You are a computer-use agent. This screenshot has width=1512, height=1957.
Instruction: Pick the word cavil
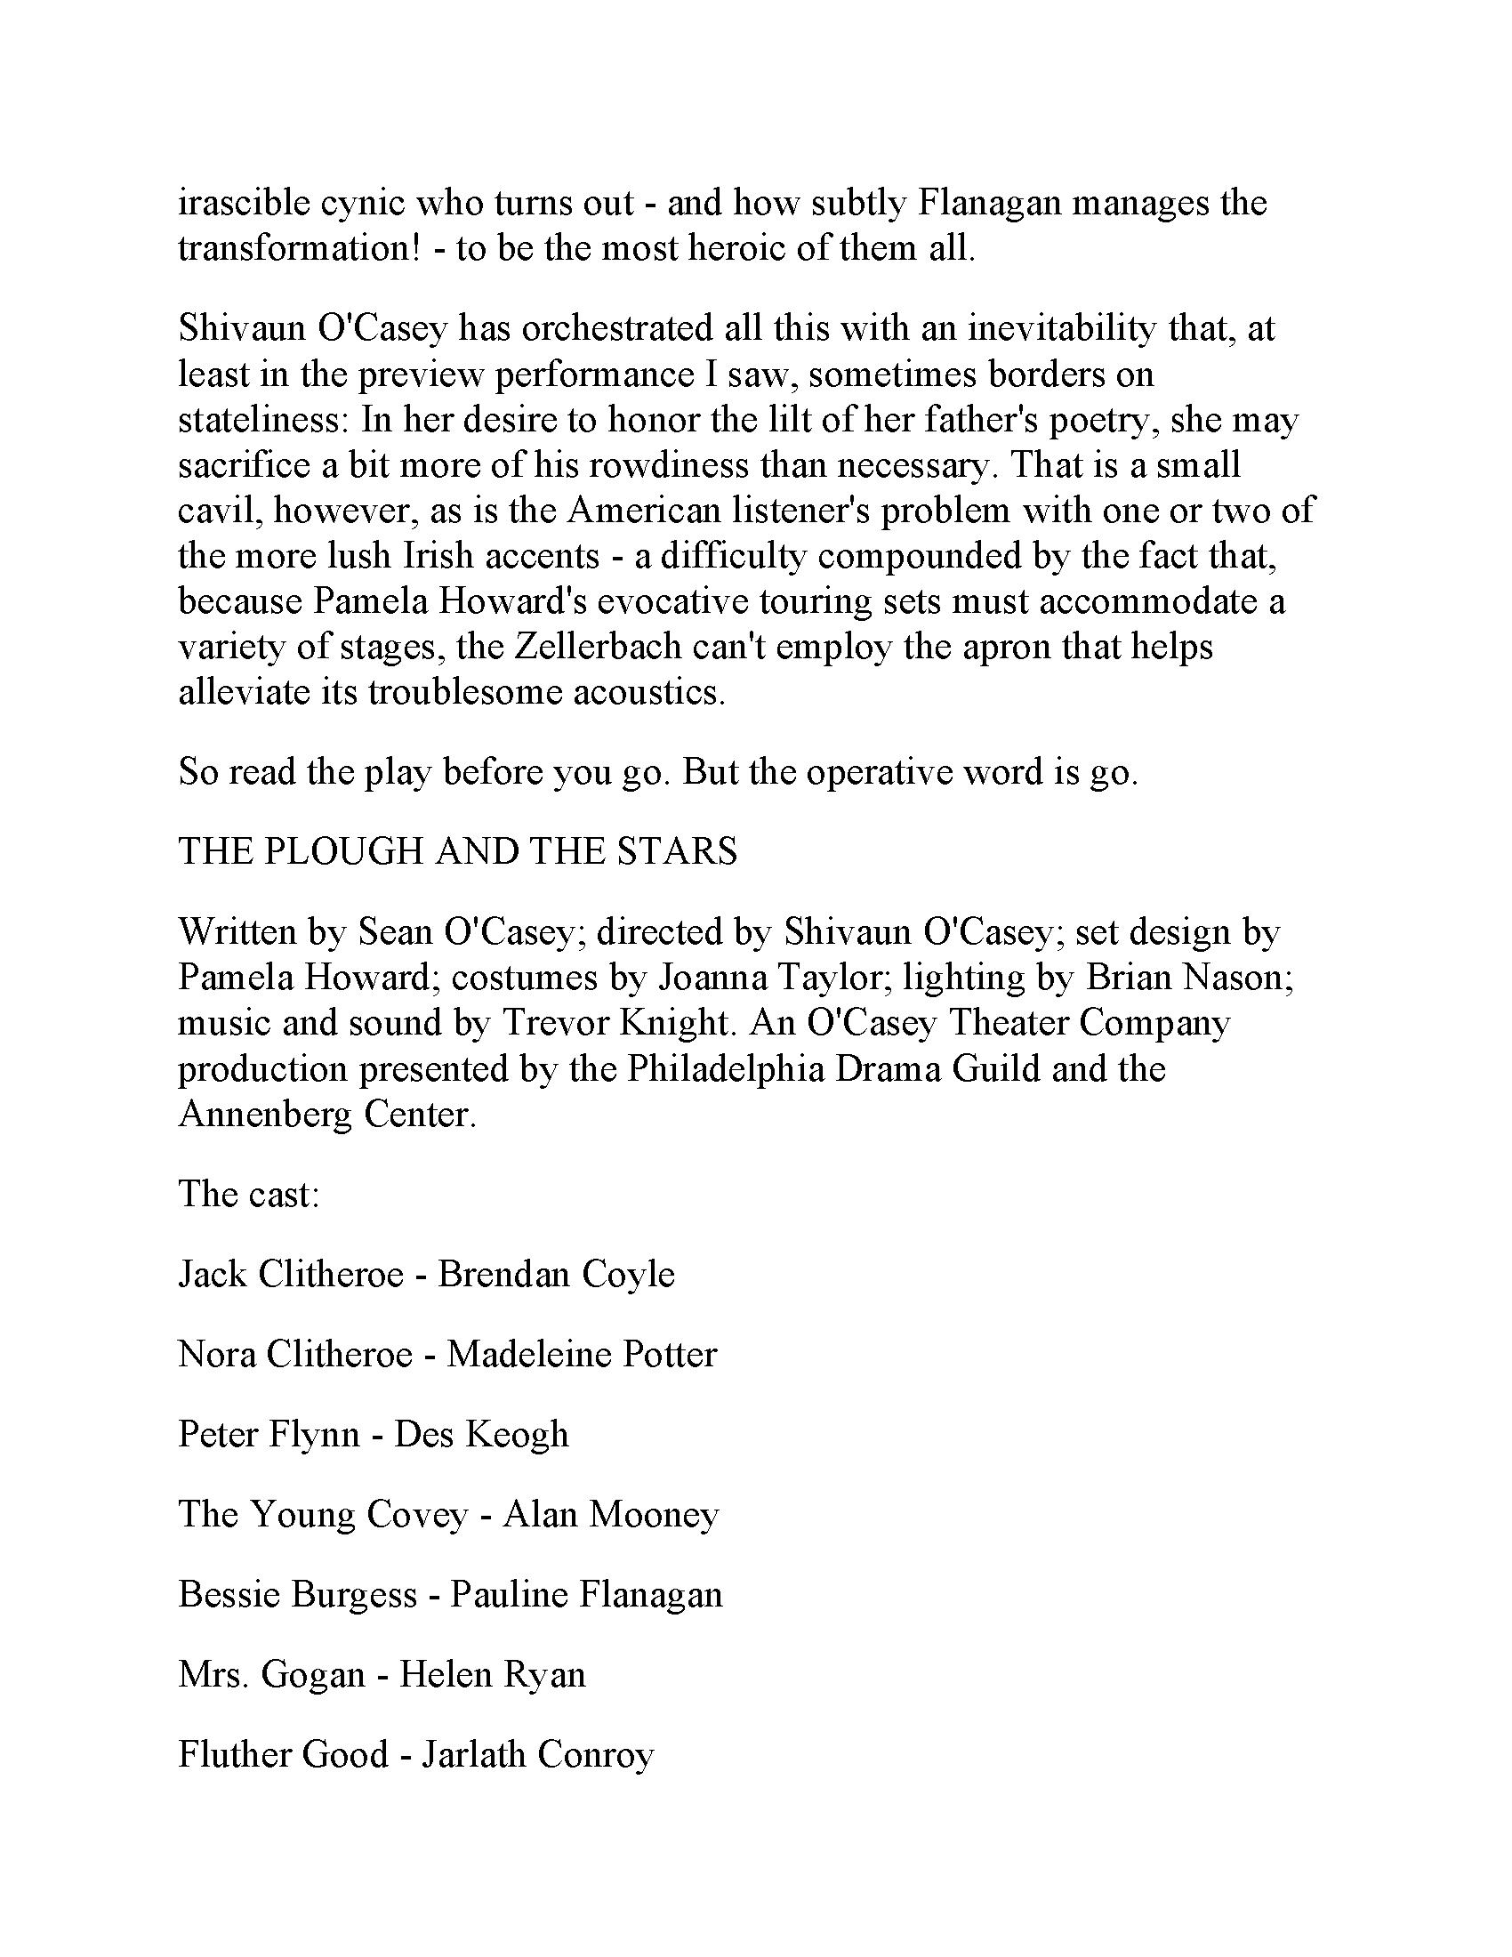click(216, 511)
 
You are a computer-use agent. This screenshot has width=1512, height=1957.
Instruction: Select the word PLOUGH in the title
click(342, 851)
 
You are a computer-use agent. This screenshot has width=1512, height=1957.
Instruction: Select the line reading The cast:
click(248, 1195)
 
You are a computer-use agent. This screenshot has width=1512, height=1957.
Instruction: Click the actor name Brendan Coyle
click(555, 1274)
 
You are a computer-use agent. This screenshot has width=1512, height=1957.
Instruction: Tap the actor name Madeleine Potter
click(582, 1354)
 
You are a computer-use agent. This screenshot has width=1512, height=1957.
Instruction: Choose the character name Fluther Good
click(283, 1754)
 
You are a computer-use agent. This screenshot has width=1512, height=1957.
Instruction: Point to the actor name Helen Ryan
click(492, 1674)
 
